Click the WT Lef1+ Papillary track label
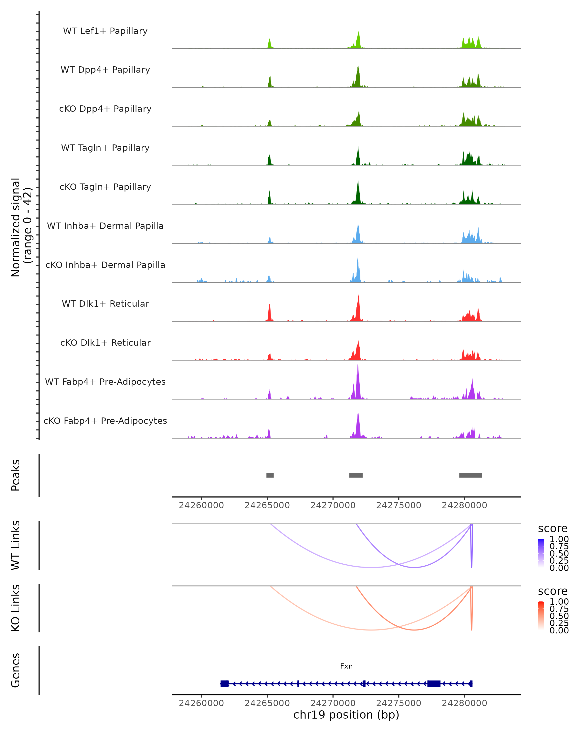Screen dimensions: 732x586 pyautogui.click(x=105, y=31)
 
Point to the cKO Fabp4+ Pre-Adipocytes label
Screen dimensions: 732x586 pyautogui.click(x=105, y=421)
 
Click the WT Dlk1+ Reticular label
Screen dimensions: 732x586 pyautogui.click(x=105, y=304)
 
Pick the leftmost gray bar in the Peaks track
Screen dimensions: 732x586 pyautogui.click(x=270, y=475)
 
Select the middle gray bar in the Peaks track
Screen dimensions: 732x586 pyautogui.click(x=356, y=475)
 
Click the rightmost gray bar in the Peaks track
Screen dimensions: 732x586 pyautogui.click(x=471, y=475)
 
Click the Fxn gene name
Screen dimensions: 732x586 pyautogui.click(x=346, y=666)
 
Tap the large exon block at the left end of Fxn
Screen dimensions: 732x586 pyautogui.click(x=225, y=683)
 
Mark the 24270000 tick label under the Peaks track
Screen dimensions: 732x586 pyautogui.click(x=333, y=505)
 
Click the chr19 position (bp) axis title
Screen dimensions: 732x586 pyautogui.click(x=346, y=715)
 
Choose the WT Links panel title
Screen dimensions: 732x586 pyautogui.click(x=16, y=545)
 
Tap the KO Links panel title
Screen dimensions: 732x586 pyautogui.click(x=16, y=608)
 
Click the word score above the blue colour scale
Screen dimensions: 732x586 pyautogui.click(x=553, y=529)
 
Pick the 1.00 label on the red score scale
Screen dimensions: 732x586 pyautogui.click(x=559, y=602)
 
